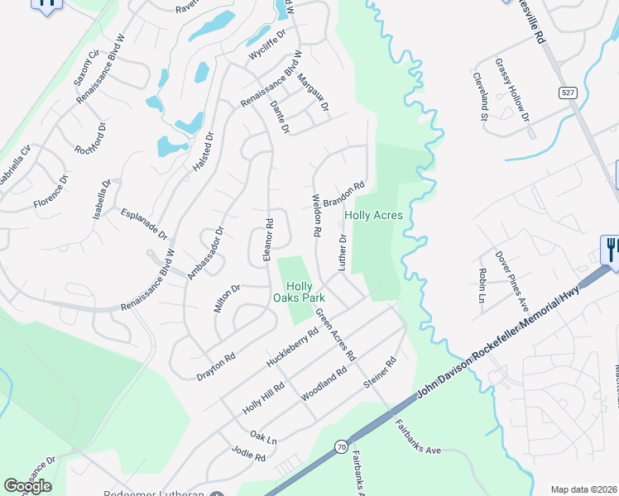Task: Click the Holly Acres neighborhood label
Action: point(373,216)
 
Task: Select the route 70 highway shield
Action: point(341,447)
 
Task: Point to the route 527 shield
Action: point(567,93)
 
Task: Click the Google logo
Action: point(27,486)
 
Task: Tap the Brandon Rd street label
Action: point(344,195)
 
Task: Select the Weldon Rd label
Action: point(315,217)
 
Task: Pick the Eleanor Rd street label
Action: point(268,241)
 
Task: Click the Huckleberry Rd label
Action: point(292,350)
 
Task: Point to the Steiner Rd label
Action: point(381,373)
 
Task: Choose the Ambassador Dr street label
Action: point(206,253)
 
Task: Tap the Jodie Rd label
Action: point(248,456)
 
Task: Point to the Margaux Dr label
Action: point(313,94)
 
